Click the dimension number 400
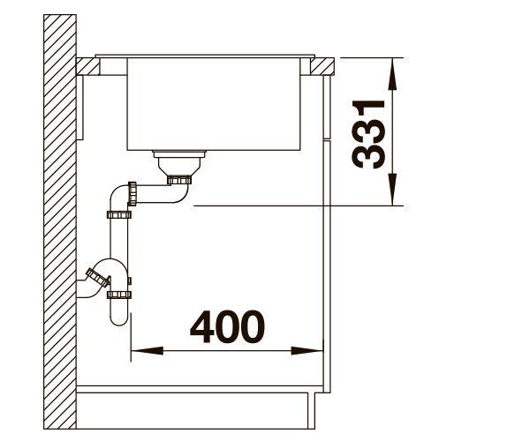pos(227,326)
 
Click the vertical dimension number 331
pos(368,134)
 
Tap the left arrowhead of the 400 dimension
pos(147,351)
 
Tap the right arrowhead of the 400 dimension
pos(307,351)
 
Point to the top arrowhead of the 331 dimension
pos(392,74)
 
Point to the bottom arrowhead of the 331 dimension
pos(392,189)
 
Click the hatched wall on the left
pos(60,221)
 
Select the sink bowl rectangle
pos(214,104)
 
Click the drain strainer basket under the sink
pos(179,162)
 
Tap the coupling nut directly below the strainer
pos(179,180)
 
